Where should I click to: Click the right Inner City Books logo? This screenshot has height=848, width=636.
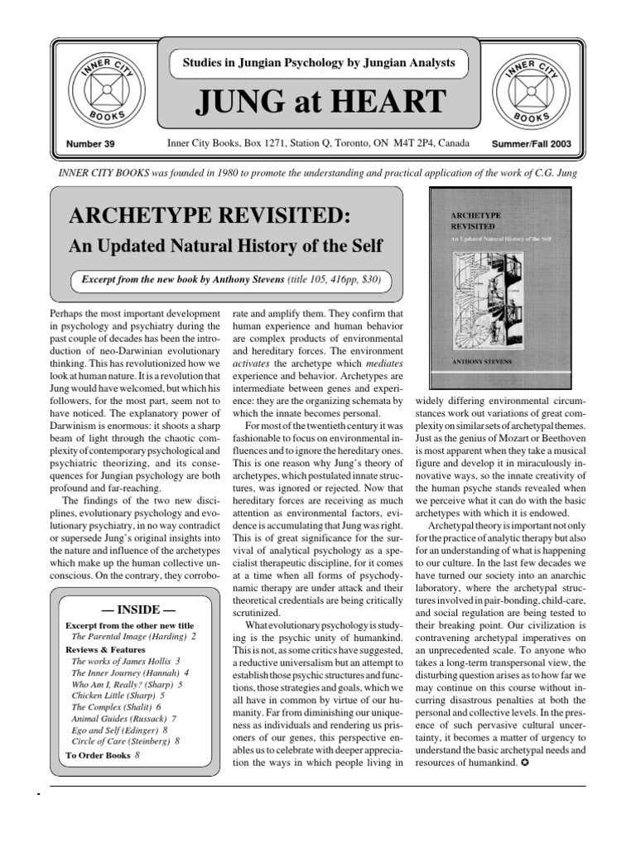click(533, 89)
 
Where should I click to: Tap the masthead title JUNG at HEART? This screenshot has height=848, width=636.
click(318, 104)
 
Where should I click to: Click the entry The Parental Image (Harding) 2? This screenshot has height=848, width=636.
click(133, 637)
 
